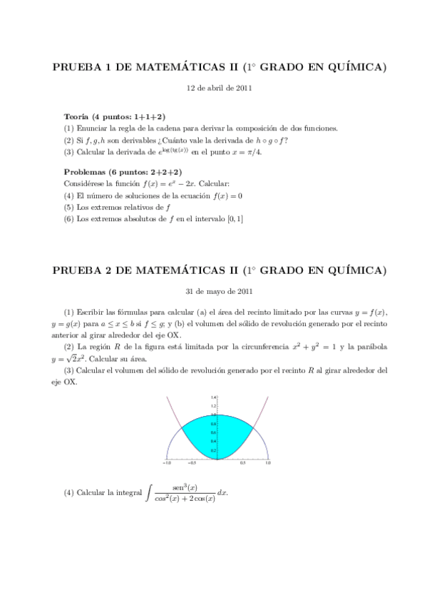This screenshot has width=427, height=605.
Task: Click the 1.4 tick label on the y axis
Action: (x=212, y=397)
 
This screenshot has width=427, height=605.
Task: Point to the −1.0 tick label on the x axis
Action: (x=167, y=463)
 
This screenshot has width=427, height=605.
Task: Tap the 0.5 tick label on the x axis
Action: (x=242, y=463)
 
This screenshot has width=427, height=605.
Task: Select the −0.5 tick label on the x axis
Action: (x=192, y=463)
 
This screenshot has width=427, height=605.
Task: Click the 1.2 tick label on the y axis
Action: (x=212, y=405)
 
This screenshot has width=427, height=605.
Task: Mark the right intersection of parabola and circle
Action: (x=252, y=427)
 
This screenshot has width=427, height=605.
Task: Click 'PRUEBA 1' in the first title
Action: (x=82, y=68)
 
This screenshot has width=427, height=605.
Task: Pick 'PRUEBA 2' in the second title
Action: (x=82, y=270)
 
